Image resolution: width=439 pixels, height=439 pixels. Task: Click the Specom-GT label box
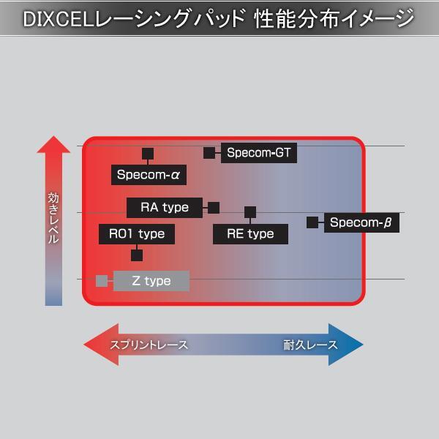click(258, 153)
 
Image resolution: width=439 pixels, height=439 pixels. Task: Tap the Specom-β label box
click(362, 222)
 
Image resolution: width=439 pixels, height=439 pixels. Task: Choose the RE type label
click(250, 234)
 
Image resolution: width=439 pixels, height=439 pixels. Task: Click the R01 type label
click(137, 234)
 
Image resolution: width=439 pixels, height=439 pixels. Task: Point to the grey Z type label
click(151, 281)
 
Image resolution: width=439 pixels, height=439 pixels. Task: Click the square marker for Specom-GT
click(209, 153)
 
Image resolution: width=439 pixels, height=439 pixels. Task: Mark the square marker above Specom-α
click(148, 154)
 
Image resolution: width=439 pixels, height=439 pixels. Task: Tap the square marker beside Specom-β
click(312, 222)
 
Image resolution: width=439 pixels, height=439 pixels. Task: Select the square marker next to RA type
click(214, 208)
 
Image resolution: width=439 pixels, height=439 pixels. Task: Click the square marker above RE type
click(250, 212)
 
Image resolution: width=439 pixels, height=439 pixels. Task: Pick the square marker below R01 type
click(137, 255)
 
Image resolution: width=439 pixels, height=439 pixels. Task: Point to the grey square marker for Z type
click(102, 280)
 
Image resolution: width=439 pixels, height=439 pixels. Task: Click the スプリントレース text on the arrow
click(149, 345)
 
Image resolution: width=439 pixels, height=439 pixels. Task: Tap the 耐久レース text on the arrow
click(310, 345)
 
